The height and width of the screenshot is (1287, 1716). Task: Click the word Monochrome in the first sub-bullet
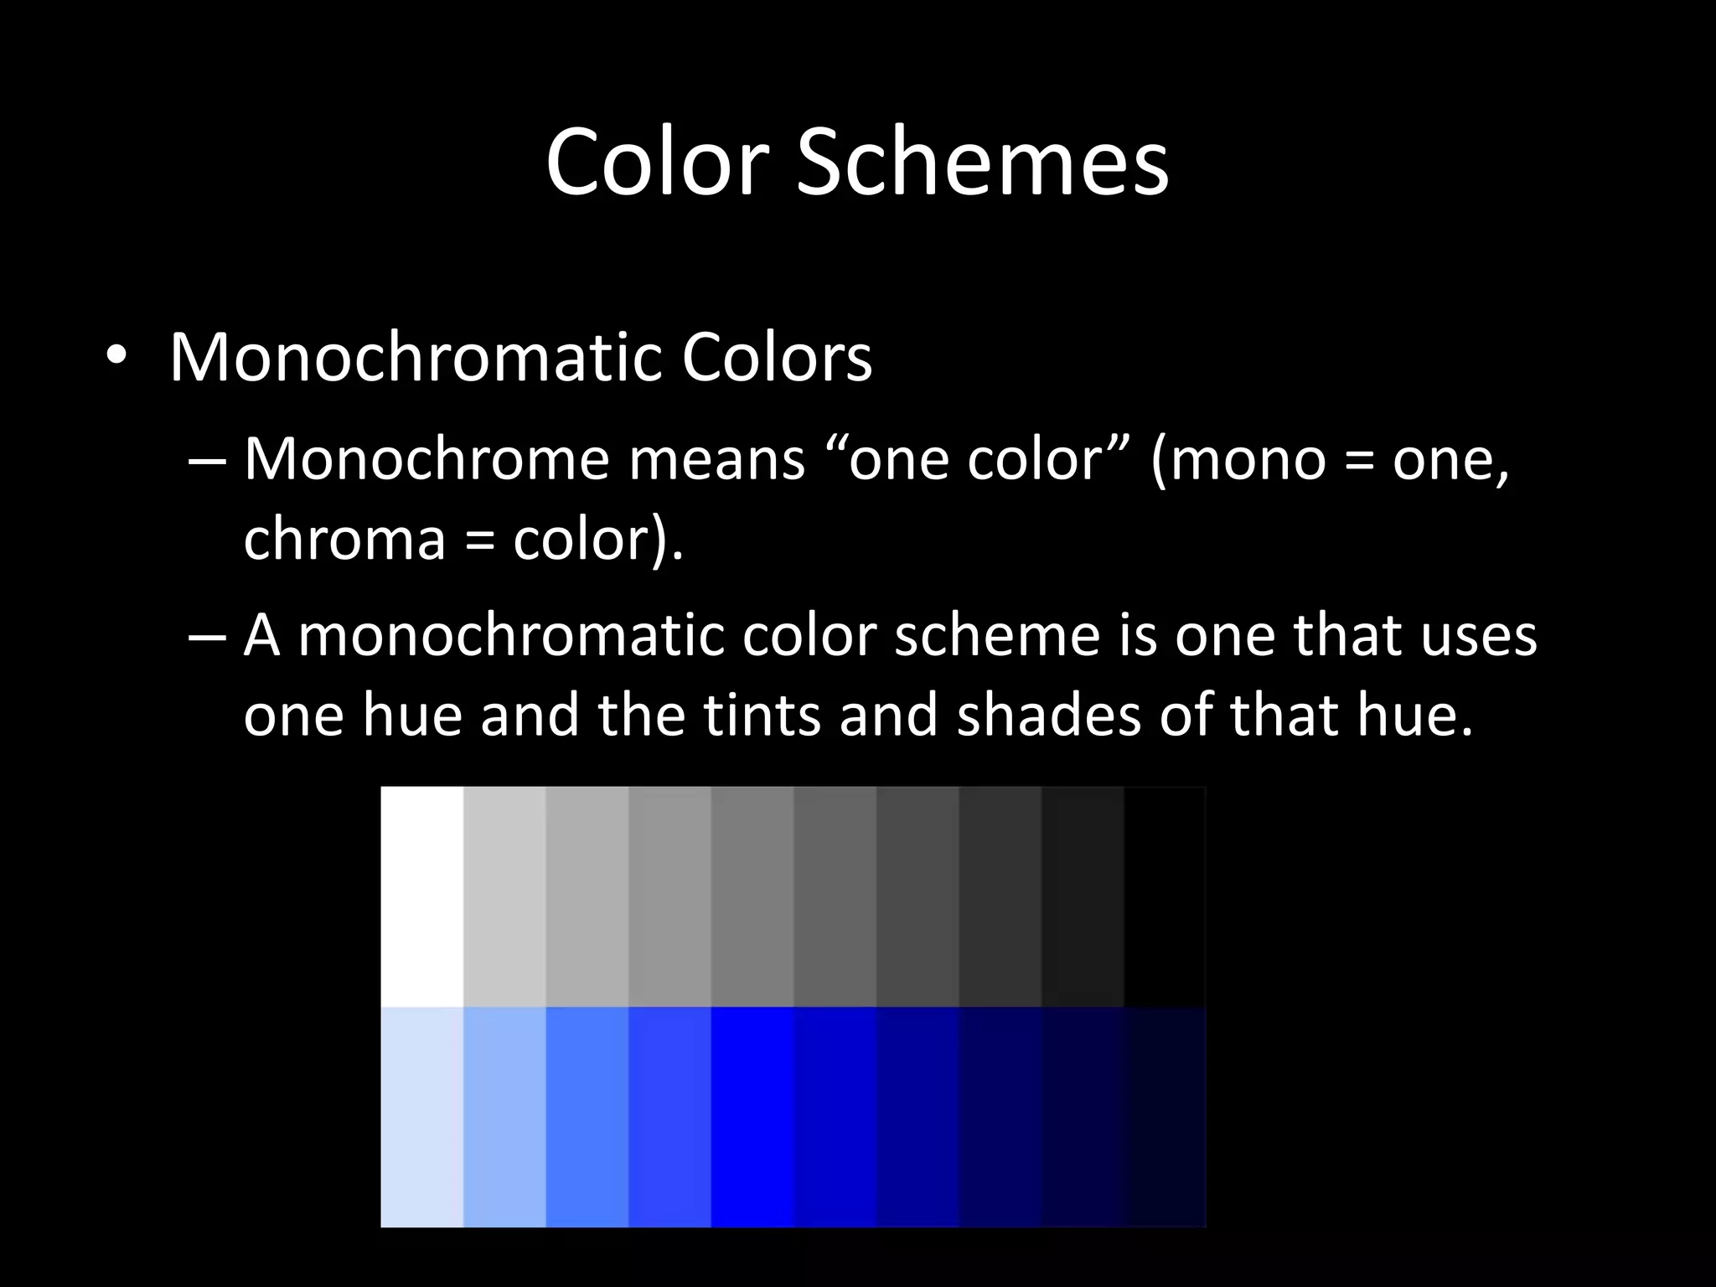[426, 460]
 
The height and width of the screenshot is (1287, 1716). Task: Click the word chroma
[344, 538]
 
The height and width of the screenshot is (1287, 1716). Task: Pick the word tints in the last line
[762, 716]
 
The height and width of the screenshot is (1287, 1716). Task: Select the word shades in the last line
[1048, 716]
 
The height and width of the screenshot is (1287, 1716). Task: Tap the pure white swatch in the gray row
[421, 896]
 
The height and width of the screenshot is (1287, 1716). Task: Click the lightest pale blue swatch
[421, 1116]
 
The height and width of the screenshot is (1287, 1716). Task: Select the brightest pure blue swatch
[752, 1116]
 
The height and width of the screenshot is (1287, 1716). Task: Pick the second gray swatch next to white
[504, 896]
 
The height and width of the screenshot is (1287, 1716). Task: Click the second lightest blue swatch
[504, 1116]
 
